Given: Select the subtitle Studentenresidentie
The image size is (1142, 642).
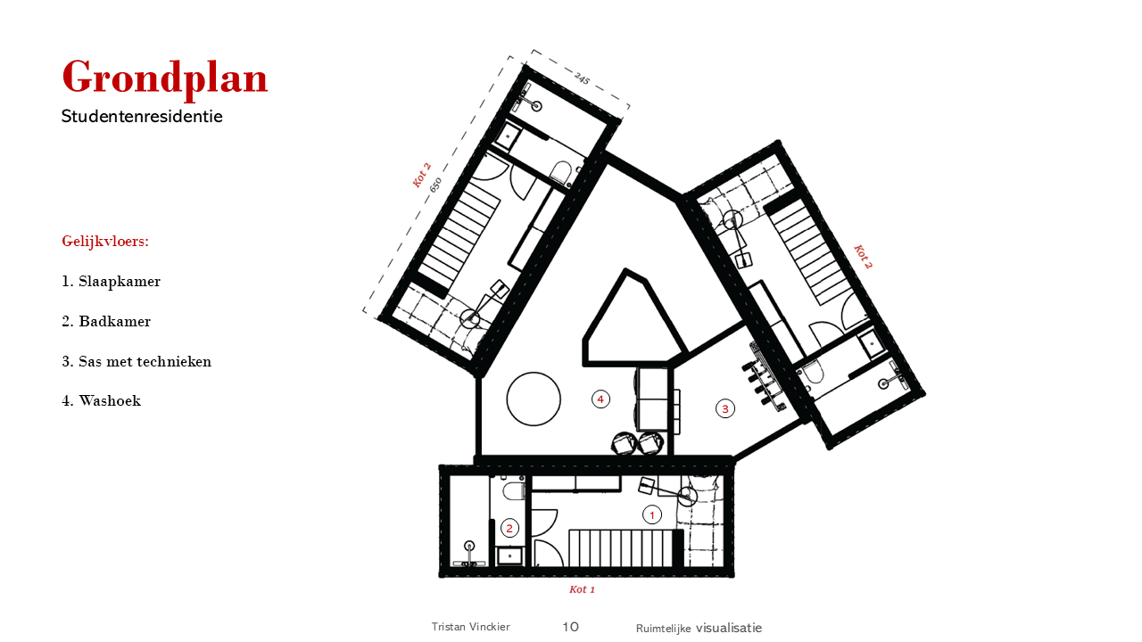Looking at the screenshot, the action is (x=142, y=117).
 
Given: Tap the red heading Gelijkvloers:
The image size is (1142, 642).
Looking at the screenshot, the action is (x=105, y=241).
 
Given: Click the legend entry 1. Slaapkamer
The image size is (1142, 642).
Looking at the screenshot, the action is (x=112, y=281).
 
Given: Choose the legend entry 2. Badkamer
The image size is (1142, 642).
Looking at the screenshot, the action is (x=106, y=322).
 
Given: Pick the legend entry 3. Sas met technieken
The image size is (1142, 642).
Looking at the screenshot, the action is (x=137, y=362).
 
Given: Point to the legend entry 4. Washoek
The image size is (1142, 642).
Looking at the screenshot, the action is (x=102, y=401).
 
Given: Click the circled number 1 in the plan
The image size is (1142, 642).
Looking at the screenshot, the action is (x=652, y=515).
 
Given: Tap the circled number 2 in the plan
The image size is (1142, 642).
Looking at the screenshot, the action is (x=509, y=529).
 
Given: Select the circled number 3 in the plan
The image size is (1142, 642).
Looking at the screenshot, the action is (x=725, y=408).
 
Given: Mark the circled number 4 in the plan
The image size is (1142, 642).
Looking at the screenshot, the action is (x=600, y=399).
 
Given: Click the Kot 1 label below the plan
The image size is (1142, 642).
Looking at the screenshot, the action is (x=583, y=589).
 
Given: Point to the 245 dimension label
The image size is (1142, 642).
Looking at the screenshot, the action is (x=583, y=78).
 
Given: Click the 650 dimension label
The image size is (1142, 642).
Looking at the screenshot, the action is (x=435, y=185).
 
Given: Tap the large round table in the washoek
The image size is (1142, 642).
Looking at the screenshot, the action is (x=534, y=399).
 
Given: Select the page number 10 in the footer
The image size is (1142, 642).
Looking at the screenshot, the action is (x=570, y=627).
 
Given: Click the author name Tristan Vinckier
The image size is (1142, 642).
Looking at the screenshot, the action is (x=470, y=627).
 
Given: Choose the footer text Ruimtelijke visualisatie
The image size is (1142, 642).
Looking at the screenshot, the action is (x=699, y=629).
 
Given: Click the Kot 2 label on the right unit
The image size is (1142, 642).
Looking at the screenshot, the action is (x=863, y=257).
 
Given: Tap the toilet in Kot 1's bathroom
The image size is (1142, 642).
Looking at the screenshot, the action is (x=512, y=490).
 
